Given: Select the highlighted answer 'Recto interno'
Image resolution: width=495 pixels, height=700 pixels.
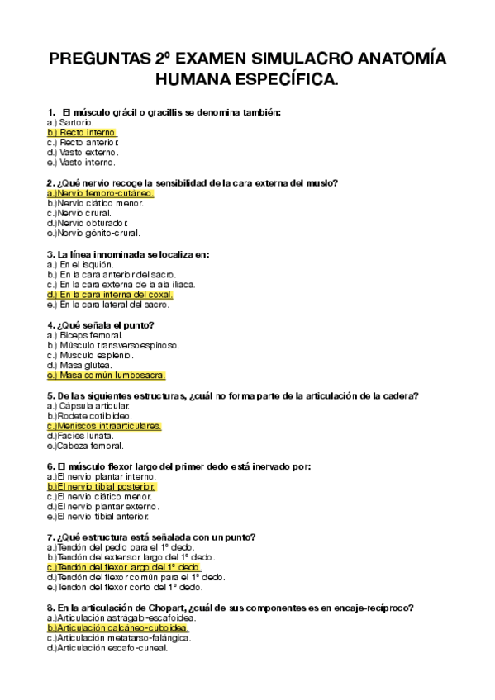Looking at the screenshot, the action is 83,132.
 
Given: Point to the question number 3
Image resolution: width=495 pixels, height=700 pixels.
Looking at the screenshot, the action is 50,253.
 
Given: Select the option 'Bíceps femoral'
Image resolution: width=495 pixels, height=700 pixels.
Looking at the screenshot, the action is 86,335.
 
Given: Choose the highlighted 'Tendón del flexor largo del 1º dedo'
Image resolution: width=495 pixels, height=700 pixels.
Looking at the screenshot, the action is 125,568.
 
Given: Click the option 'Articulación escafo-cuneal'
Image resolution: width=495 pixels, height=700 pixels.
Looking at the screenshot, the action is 107,648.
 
